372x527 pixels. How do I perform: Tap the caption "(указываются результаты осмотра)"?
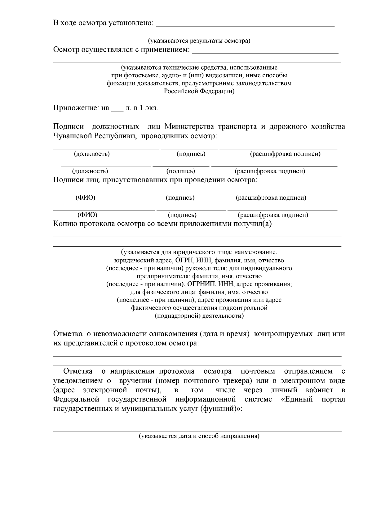pos(199,41)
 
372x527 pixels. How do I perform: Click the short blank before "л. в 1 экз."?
pos(117,109)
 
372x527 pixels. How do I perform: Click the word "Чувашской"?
pos(73,136)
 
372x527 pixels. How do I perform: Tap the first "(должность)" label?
pos(92,154)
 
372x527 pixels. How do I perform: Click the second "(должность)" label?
pos(90,171)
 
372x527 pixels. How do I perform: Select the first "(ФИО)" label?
pos(86,198)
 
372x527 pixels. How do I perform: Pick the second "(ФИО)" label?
pos(87,215)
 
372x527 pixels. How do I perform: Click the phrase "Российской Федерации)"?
pos(199,91)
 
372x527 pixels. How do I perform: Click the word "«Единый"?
pos(297,399)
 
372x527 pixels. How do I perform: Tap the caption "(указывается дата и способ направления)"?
pos(199,436)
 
